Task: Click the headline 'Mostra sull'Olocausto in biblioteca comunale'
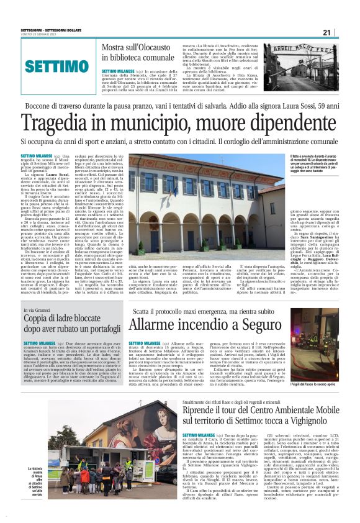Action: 140,53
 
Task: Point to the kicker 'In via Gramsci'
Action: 38,310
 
